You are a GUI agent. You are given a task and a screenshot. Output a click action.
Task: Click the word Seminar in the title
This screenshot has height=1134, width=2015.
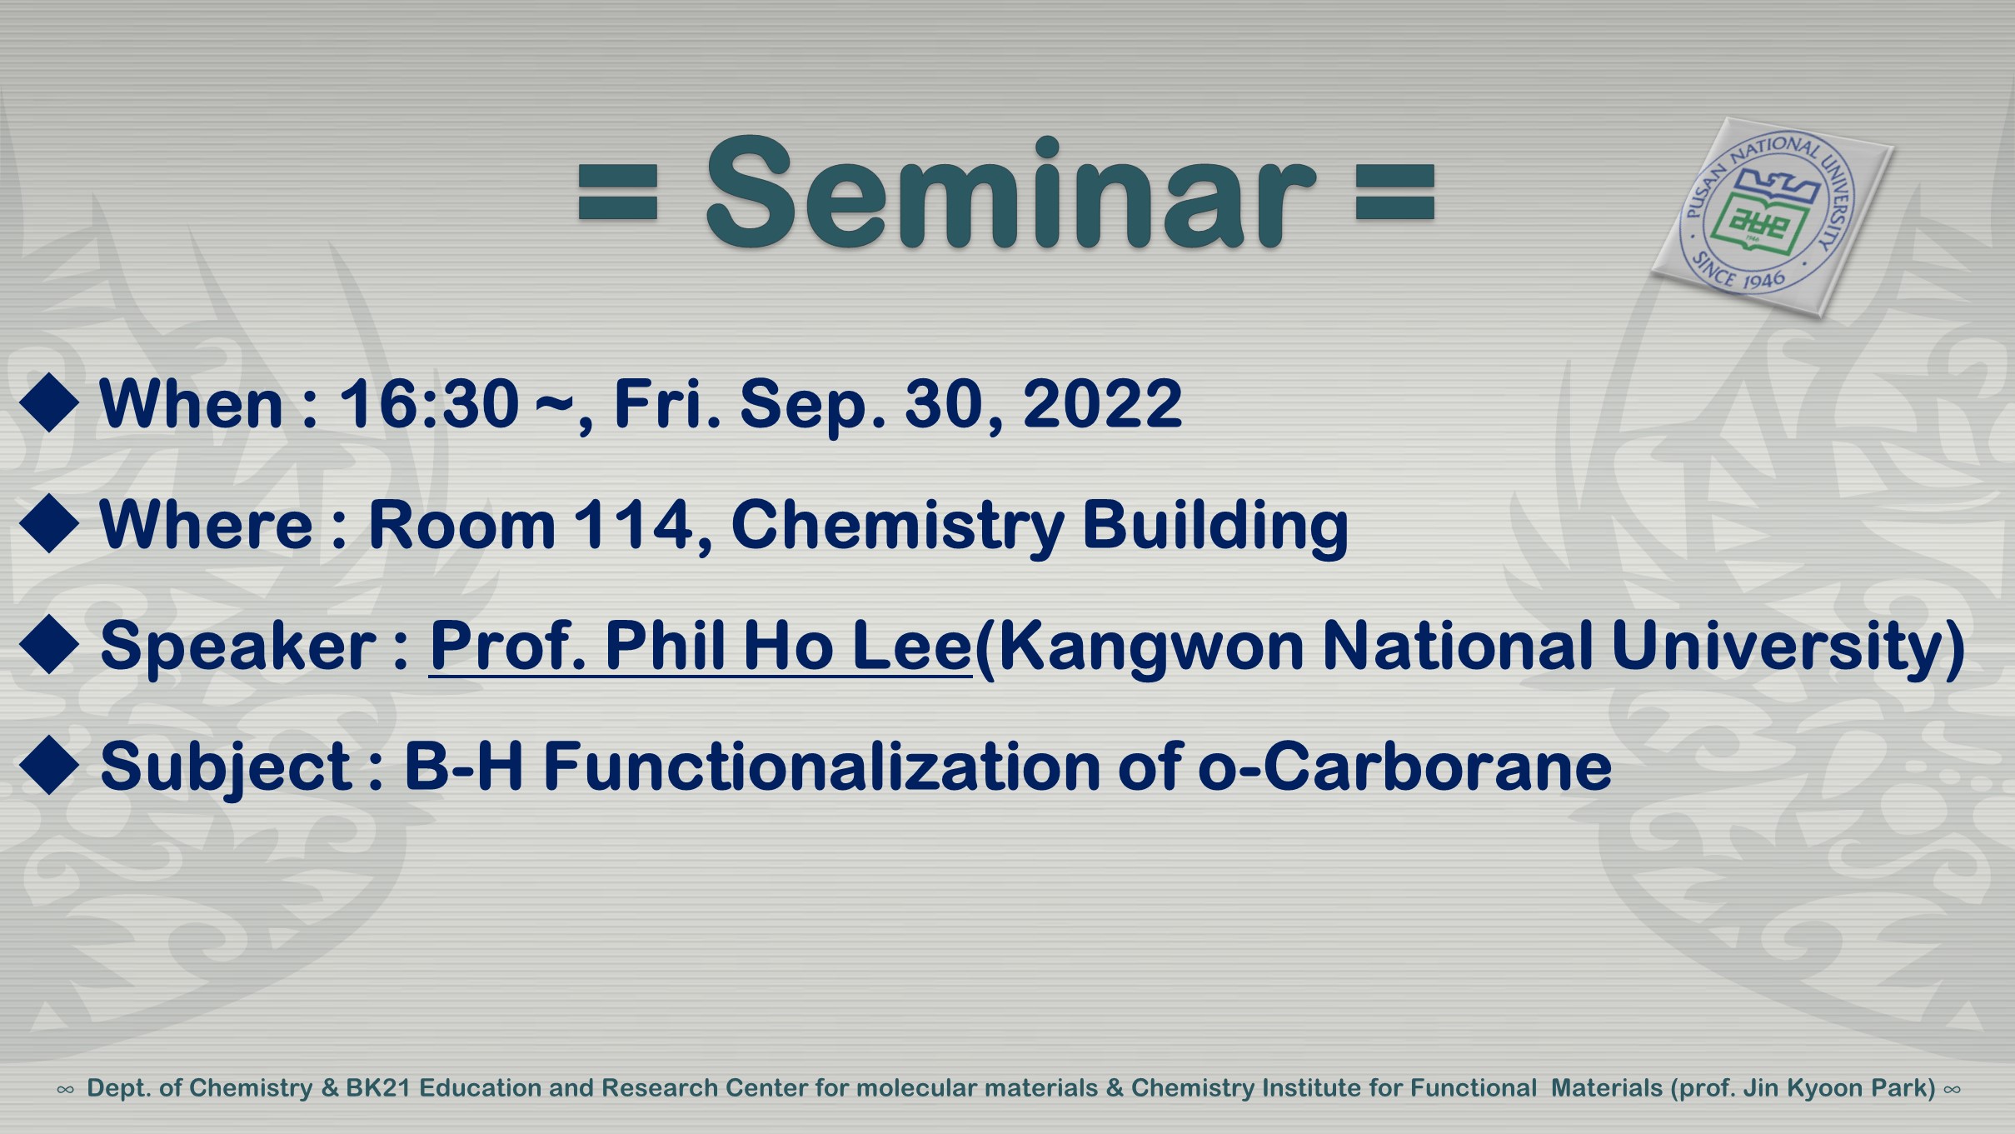click(1010, 193)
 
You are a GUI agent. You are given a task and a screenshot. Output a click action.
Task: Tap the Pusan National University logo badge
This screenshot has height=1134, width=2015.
click(1772, 217)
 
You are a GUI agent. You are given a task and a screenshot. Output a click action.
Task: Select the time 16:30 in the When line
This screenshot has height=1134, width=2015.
click(429, 404)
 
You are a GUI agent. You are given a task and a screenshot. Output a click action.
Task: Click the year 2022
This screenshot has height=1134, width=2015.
click(1102, 404)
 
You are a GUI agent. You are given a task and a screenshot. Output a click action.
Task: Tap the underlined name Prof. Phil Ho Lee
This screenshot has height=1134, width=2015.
click(701, 647)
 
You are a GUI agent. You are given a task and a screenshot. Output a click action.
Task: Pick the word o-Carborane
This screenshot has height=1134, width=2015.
click(1404, 767)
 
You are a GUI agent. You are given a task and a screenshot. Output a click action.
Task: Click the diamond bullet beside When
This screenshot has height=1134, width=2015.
click(49, 403)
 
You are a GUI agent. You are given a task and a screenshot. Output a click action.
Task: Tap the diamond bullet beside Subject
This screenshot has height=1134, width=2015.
click(49, 766)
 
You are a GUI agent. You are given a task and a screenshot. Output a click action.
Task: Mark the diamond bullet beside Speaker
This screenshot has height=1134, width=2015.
click(49, 645)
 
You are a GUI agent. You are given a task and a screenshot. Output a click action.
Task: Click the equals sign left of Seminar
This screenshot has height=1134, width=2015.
click(618, 192)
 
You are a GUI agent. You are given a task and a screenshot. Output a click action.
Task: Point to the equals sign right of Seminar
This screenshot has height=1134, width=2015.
click(1395, 192)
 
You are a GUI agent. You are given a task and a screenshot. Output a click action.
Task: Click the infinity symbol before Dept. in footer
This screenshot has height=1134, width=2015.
click(65, 1090)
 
